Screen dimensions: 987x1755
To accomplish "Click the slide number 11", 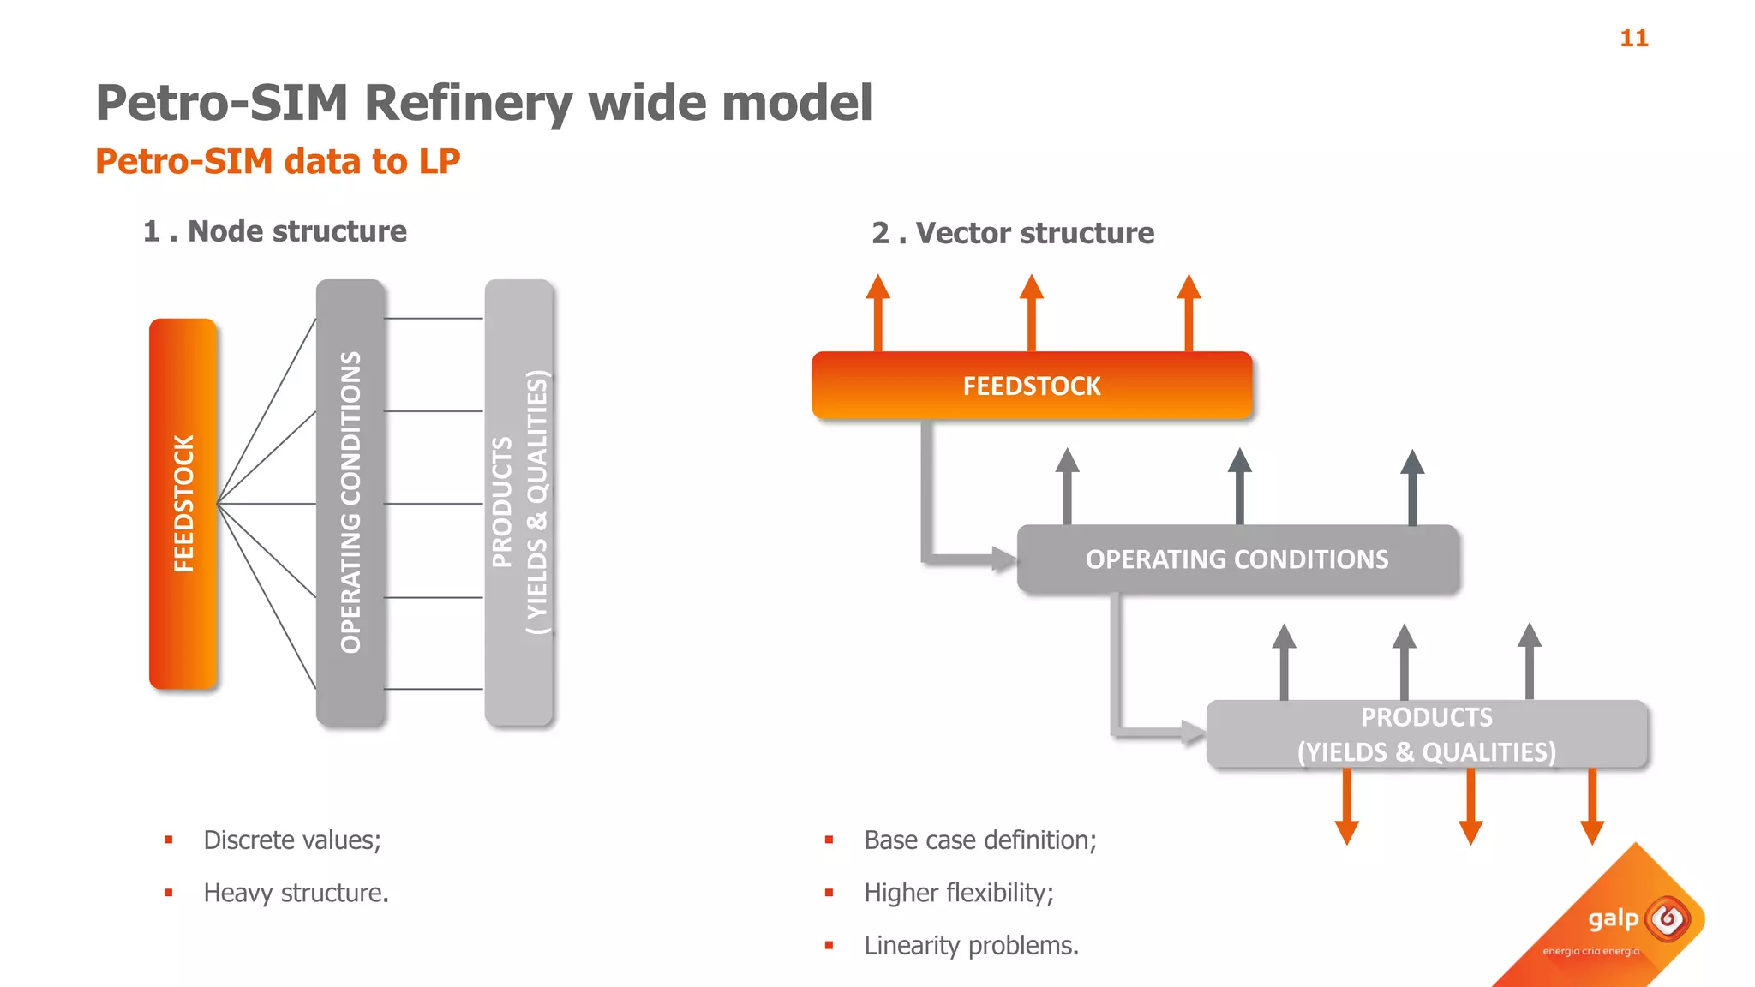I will point(1633,39).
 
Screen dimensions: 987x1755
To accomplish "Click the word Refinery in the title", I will point(470,104).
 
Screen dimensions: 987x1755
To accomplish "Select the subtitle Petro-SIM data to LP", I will point(278,161).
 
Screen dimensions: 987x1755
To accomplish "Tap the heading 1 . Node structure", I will point(274,231).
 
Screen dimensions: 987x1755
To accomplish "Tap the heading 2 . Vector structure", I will point(1013,233).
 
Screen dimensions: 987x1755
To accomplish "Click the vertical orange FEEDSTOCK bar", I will point(183,504).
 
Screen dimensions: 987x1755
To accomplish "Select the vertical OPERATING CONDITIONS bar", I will point(350,504).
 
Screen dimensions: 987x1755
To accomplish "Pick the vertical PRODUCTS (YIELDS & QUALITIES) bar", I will point(518,504).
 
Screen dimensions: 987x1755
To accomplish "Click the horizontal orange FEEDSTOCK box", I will point(1032,386).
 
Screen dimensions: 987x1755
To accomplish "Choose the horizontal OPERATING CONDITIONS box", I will point(1237,559).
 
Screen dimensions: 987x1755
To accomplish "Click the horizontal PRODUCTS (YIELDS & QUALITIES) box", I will point(1427,734).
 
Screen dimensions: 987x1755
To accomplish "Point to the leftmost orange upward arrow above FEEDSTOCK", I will point(877,313).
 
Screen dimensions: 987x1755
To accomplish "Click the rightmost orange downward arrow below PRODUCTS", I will point(1592,806).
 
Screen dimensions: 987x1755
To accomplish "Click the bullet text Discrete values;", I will point(291,840).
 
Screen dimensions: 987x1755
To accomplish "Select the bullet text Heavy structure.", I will point(296,893).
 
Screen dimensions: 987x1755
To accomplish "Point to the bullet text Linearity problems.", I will point(971,946).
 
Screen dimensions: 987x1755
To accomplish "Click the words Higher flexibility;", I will point(958,893).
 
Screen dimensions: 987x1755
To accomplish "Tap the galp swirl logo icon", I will point(1668,919).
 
